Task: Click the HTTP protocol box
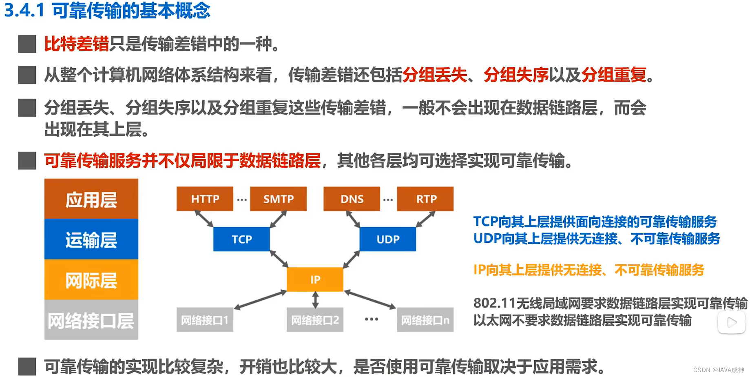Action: (x=205, y=199)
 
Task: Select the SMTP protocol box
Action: (x=278, y=199)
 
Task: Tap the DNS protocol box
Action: (x=352, y=199)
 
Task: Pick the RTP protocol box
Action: (x=425, y=199)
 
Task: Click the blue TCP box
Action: (x=241, y=239)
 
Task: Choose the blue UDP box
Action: (x=388, y=239)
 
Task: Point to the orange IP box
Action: (x=315, y=279)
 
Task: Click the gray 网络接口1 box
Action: (x=205, y=320)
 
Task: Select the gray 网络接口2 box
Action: (x=315, y=320)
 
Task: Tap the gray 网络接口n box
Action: (x=425, y=320)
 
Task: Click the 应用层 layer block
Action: (x=91, y=199)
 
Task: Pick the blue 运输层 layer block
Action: (x=91, y=240)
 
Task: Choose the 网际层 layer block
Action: (x=91, y=280)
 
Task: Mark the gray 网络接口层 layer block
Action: (x=91, y=320)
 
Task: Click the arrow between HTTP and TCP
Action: (x=204, y=219)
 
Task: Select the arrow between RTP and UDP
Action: (x=426, y=219)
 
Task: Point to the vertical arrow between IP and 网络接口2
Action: (x=315, y=300)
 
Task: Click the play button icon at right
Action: (x=732, y=322)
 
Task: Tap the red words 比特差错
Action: (x=76, y=44)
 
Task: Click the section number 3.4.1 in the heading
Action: (x=24, y=11)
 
